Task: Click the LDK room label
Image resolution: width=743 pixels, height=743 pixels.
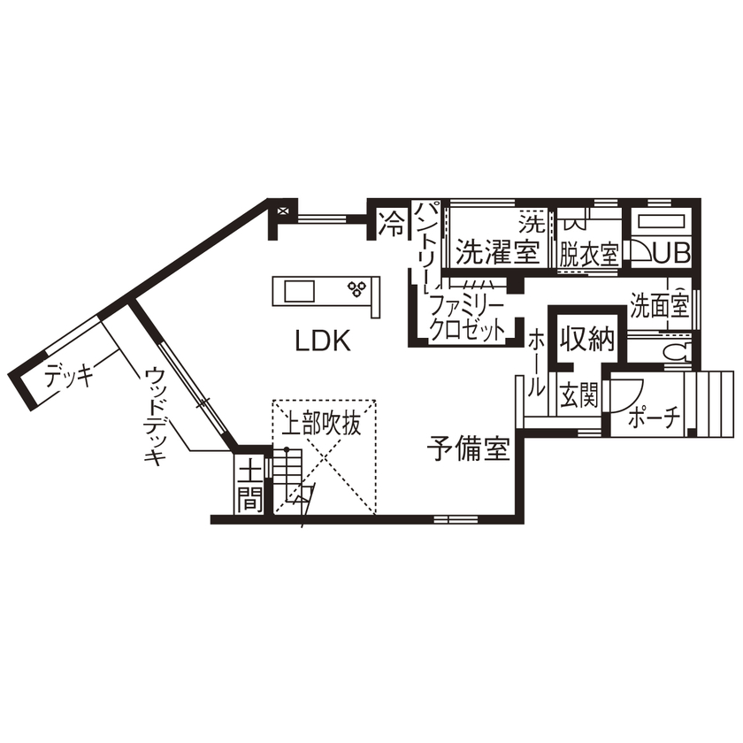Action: click(323, 341)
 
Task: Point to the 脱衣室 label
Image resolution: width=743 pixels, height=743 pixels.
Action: click(588, 255)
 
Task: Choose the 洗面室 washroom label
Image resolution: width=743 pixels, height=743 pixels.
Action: click(659, 305)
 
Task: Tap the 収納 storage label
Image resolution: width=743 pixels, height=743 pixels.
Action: click(586, 340)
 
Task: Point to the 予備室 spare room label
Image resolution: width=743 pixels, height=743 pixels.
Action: click(469, 450)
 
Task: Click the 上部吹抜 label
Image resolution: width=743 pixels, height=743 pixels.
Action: click(322, 425)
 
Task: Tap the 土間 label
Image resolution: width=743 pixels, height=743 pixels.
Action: click(250, 485)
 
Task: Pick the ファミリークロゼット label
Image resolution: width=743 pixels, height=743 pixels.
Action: click(466, 318)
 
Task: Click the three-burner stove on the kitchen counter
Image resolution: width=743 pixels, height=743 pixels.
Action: click(358, 288)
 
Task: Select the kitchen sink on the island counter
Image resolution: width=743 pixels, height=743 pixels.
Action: click(297, 290)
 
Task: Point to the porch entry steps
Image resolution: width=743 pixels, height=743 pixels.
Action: click(711, 403)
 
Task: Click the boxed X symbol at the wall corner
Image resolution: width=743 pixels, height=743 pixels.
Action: click(282, 211)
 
